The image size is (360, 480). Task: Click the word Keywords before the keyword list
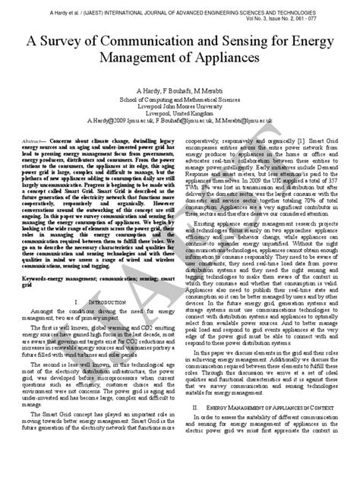[x=33, y=259]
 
